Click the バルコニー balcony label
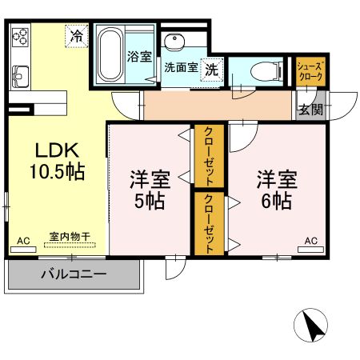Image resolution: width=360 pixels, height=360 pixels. (74, 274)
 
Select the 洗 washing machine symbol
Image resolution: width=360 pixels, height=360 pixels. (210, 70)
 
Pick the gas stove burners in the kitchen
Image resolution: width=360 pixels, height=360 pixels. (20, 37)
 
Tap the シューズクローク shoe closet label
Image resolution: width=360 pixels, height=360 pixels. (310, 71)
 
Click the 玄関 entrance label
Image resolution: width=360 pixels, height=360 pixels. (310, 109)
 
